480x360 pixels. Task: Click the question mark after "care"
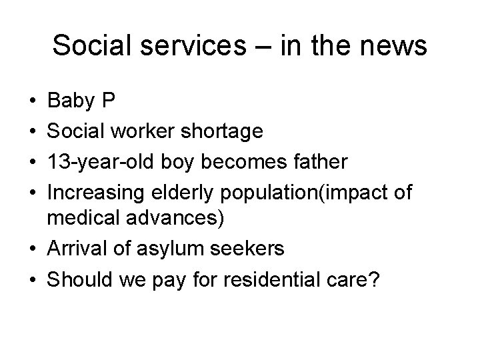pyautogui.click(x=375, y=278)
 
